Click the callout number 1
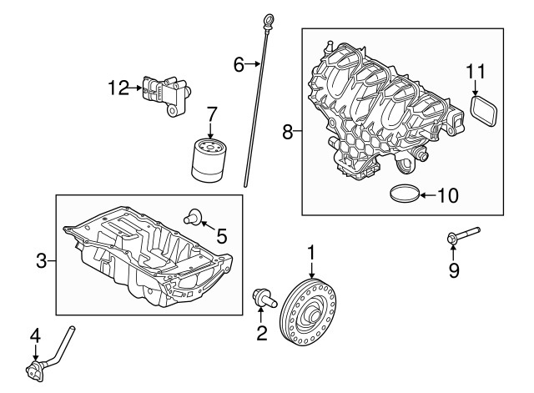point(311,251)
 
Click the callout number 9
point(454,270)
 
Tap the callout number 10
point(448,196)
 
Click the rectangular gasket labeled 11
point(481,110)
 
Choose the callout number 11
point(475,72)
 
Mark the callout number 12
point(118,85)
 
